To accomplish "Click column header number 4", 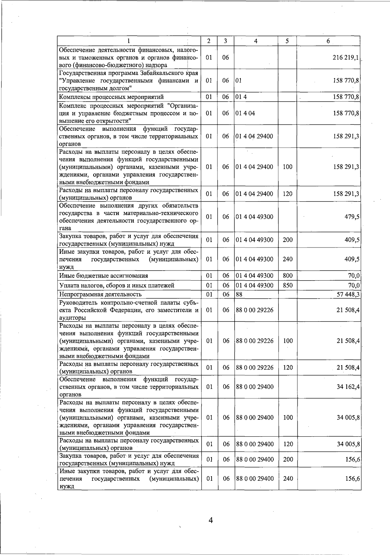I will [x=256, y=41].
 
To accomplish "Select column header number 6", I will [x=328, y=41].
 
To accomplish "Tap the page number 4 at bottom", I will [x=210, y=520].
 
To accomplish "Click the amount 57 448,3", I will [x=348, y=295].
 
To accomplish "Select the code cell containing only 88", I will [x=239, y=295].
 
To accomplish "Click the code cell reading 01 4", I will [x=241, y=97].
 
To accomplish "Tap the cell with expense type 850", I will [x=288, y=285].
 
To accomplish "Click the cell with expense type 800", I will [x=288, y=276].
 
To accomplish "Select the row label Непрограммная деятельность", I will [x=100, y=295].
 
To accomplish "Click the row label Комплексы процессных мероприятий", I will [x=111, y=97].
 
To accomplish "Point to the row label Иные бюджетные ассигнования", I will [x=103, y=276].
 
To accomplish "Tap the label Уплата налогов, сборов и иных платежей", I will [x=117, y=285].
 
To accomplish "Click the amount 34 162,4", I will [x=348, y=387].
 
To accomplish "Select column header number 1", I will [x=129, y=41].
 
